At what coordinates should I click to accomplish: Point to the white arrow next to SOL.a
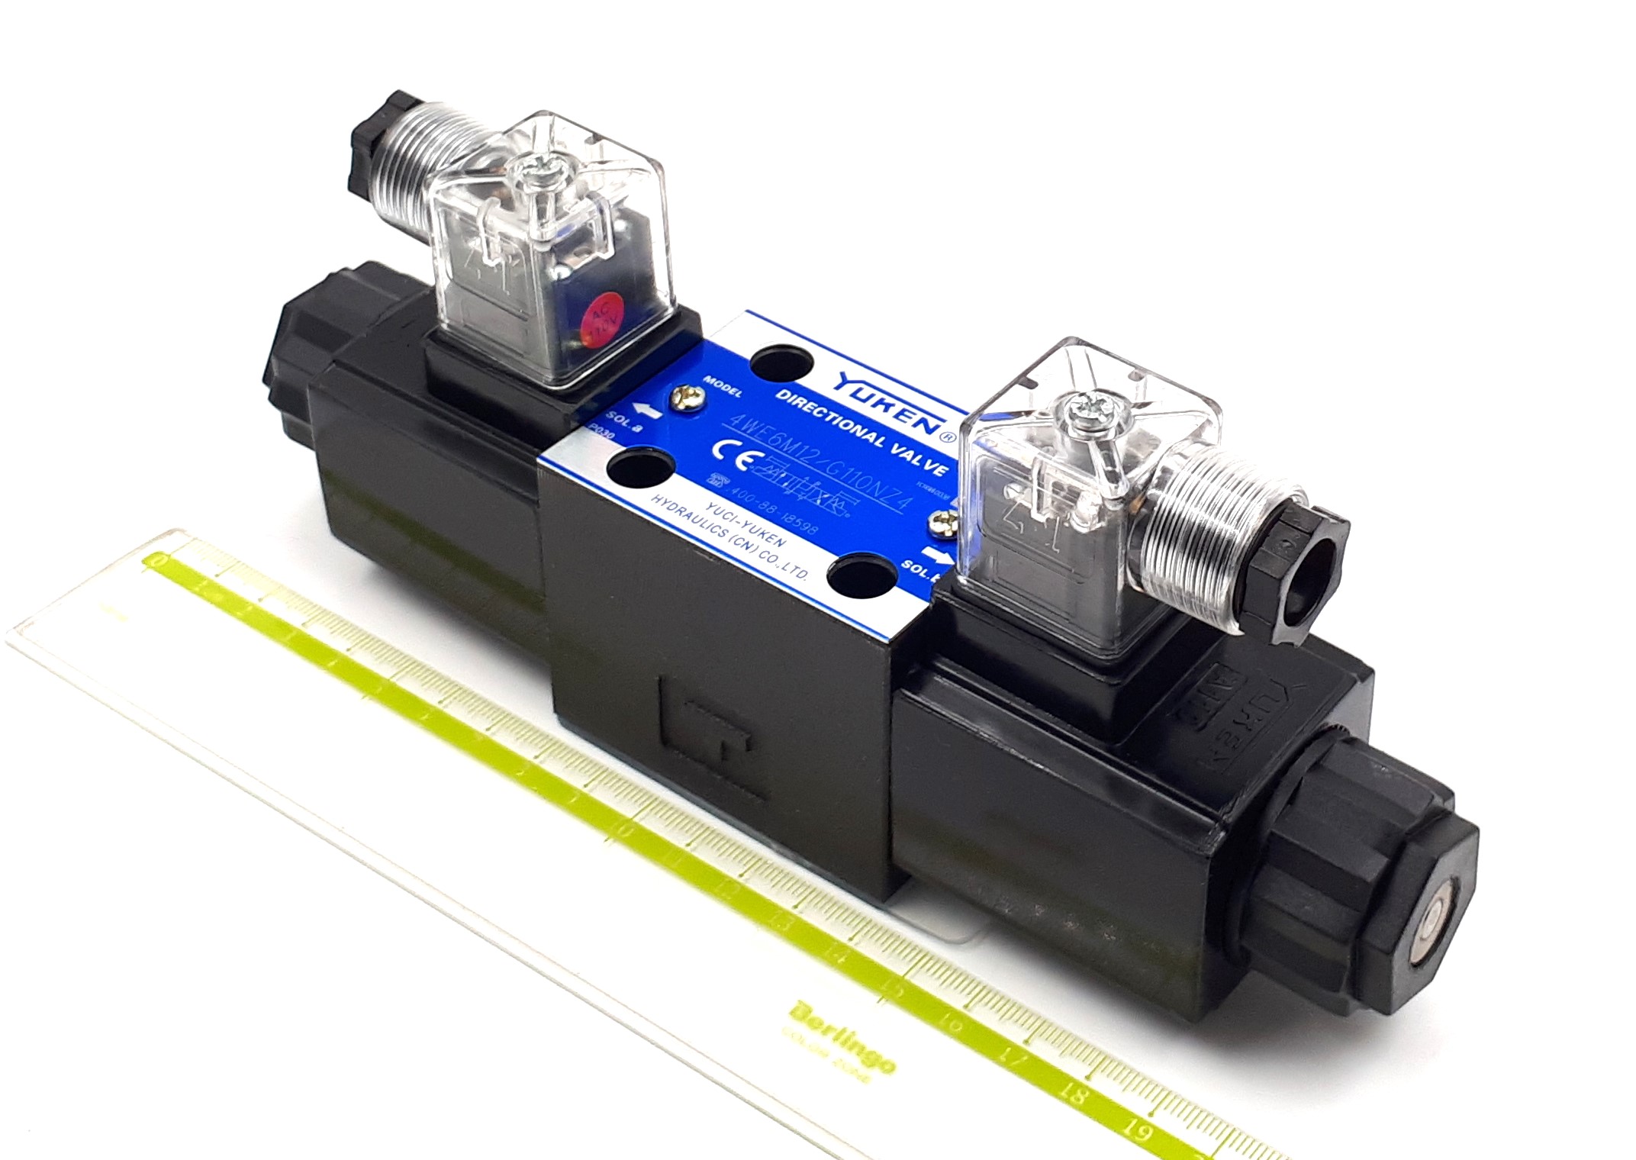point(647,411)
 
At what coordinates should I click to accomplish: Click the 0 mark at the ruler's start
point(159,562)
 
